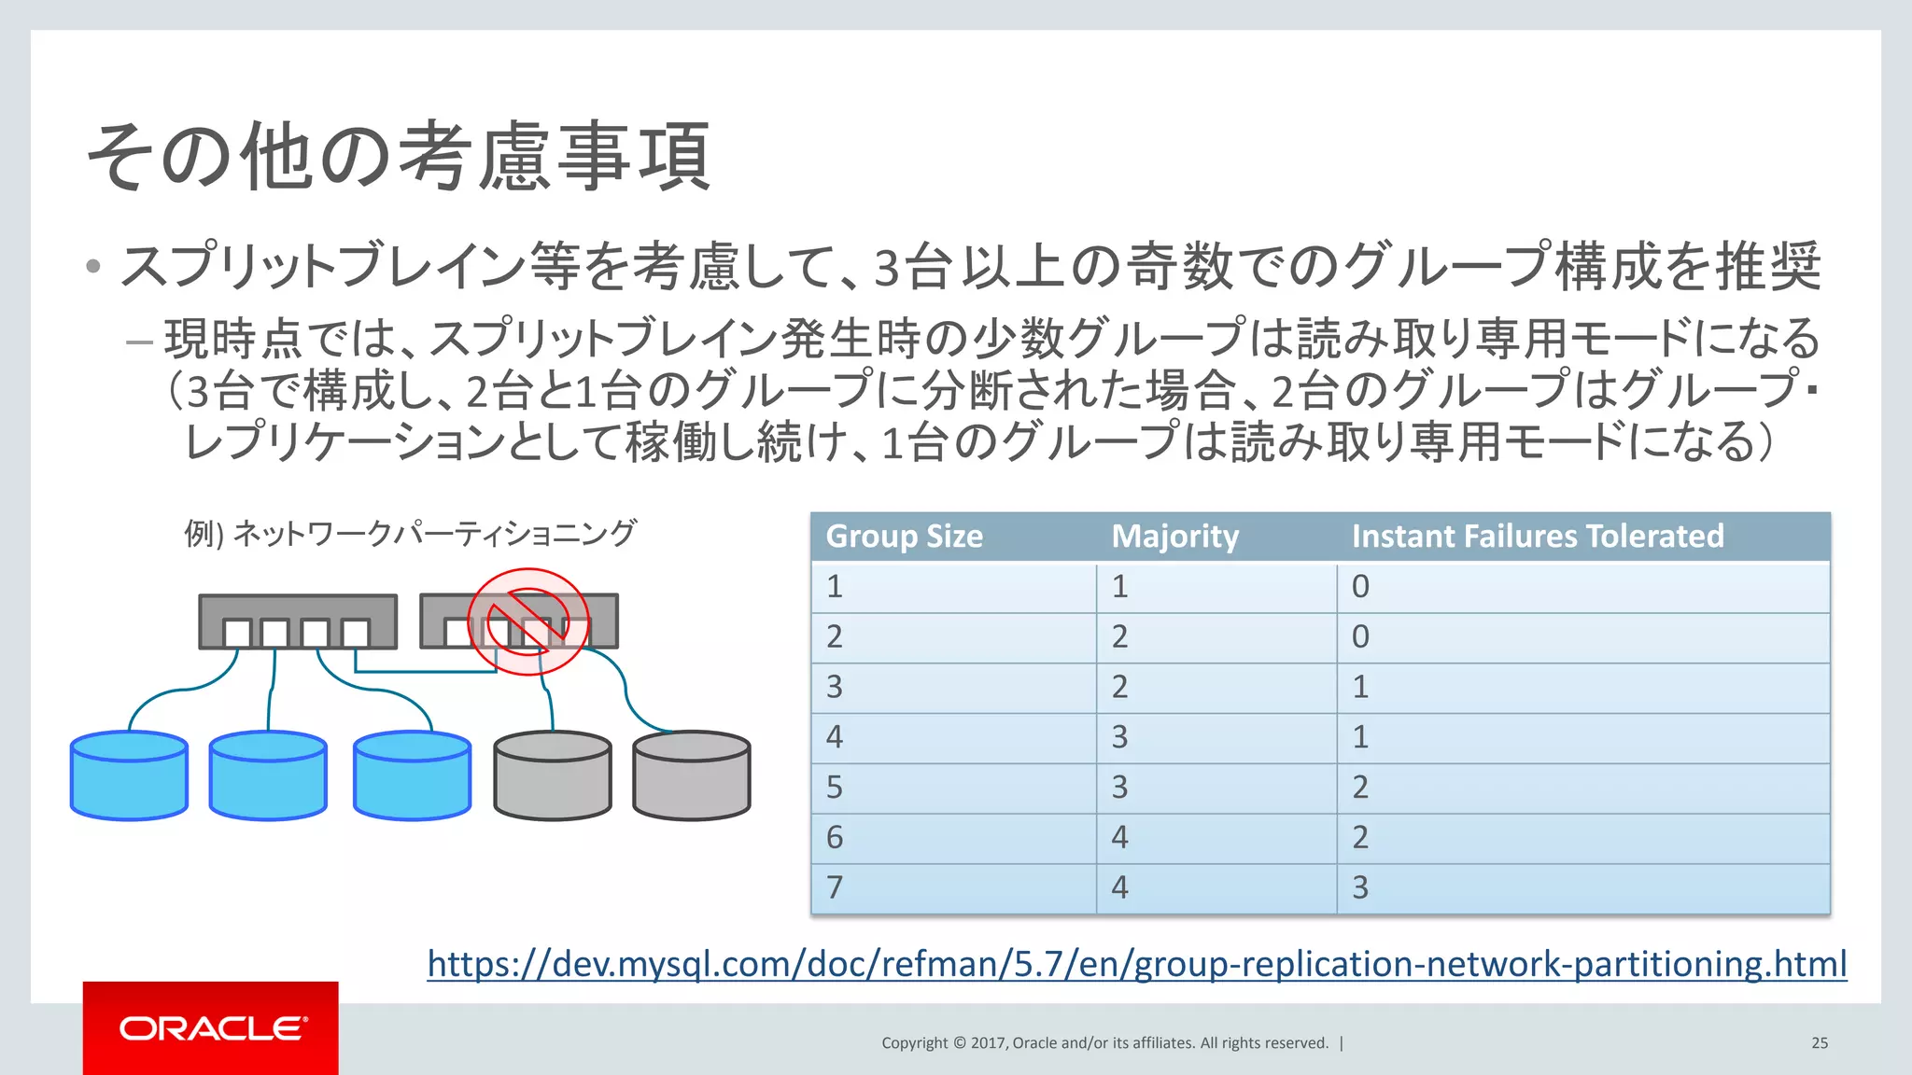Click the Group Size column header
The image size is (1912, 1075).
(x=904, y=537)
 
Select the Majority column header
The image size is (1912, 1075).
(x=1174, y=537)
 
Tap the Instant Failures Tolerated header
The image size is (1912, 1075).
(x=1537, y=537)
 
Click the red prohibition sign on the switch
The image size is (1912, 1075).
(x=528, y=621)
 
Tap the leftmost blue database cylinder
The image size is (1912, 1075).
(x=129, y=775)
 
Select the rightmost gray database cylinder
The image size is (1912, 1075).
(x=691, y=775)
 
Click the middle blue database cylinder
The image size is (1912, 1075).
(x=268, y=775)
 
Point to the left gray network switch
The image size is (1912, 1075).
(x=297, y=621)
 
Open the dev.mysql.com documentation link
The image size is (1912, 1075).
(x=1136, y=964)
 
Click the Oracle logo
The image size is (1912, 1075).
(x=211, y=1028)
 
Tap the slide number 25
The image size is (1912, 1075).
(x=1820, y=1043)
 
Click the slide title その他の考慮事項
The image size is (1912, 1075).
(x=399, y=157)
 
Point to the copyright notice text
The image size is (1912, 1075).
(x=1104, y=1043)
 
